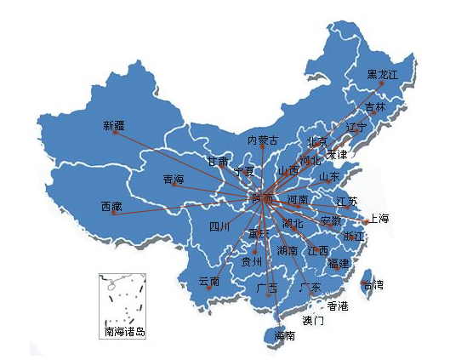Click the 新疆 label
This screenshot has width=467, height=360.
[x=113, y=126]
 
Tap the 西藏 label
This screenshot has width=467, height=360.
[x=111, y=207]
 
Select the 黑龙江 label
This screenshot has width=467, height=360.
[x=383, y=74]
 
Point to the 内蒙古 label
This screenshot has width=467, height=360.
[x=263, y=140]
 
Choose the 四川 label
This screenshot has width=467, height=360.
[x=219, y=227]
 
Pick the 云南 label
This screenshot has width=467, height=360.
[x=209, y=282]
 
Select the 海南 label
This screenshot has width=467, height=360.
[x=285, y=336]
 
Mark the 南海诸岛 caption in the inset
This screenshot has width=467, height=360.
[x=124, y=331]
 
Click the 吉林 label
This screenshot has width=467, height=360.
[x=375, y=107]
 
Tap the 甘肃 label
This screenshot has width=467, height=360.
[x=217, y=161]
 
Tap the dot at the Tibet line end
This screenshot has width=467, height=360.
[x=112, y=214]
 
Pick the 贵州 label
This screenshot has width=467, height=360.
[x=252, y=262]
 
